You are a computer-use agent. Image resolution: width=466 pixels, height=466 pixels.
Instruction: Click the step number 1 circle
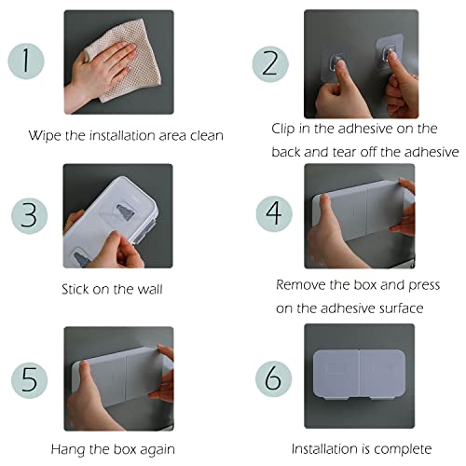tap(26, 62)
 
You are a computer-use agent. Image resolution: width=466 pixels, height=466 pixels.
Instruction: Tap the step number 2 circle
tap(270, 64)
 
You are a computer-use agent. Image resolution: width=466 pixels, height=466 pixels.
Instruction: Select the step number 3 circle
tap(30, 215)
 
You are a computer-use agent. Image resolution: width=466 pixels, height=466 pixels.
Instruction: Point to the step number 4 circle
tap(274, 213)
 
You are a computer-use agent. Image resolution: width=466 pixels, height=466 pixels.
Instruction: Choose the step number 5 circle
tap(30, 380)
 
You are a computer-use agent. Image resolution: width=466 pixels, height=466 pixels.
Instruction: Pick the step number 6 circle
tap(274, 378)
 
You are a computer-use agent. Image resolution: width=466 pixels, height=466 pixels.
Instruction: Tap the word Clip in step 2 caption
tap(283, 129)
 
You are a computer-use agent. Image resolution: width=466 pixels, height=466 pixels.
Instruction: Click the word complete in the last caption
tap(403, 449)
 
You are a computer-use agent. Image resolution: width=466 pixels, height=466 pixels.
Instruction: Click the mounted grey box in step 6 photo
tap(359, 374)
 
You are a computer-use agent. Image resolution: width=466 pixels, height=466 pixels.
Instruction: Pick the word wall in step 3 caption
tap(151, 289)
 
